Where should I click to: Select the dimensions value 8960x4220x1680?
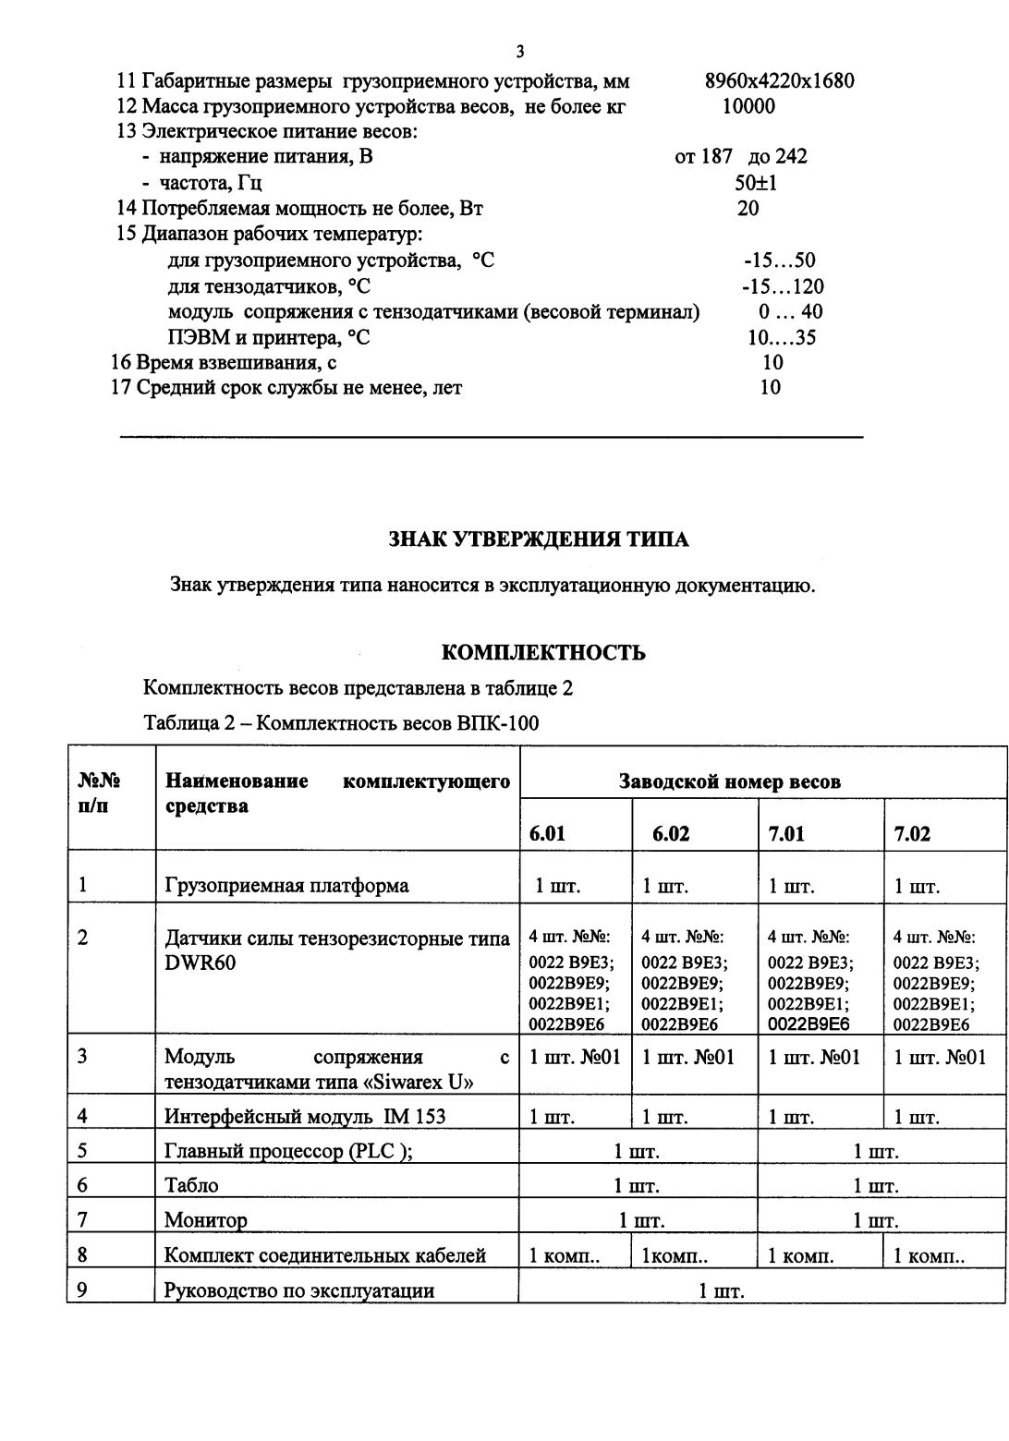click(779, 80)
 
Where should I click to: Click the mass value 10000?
click(748, 106)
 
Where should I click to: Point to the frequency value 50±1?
click(756, 183)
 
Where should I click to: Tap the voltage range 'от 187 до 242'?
click(741, 157)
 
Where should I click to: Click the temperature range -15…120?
click(783, 286)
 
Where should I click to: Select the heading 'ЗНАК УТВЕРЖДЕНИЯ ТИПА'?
click(539, 540)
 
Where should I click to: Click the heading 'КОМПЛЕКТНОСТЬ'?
click(543, 653)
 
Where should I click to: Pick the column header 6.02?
click(671, 834)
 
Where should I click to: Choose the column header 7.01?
click(786, 834)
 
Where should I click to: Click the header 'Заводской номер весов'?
click(729, 781)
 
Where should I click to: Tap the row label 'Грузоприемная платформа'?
click(286, 886)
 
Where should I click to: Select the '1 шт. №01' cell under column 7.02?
click(940, 1057)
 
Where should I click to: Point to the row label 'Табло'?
click(191, 1185)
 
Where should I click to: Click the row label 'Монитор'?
click(206, 1220)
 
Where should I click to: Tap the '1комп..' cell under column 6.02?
click(669, 1255)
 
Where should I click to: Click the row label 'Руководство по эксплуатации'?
click(298, 1290)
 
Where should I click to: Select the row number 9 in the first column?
click(82, 1290)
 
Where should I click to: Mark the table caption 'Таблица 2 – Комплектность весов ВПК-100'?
click(341, 723)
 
